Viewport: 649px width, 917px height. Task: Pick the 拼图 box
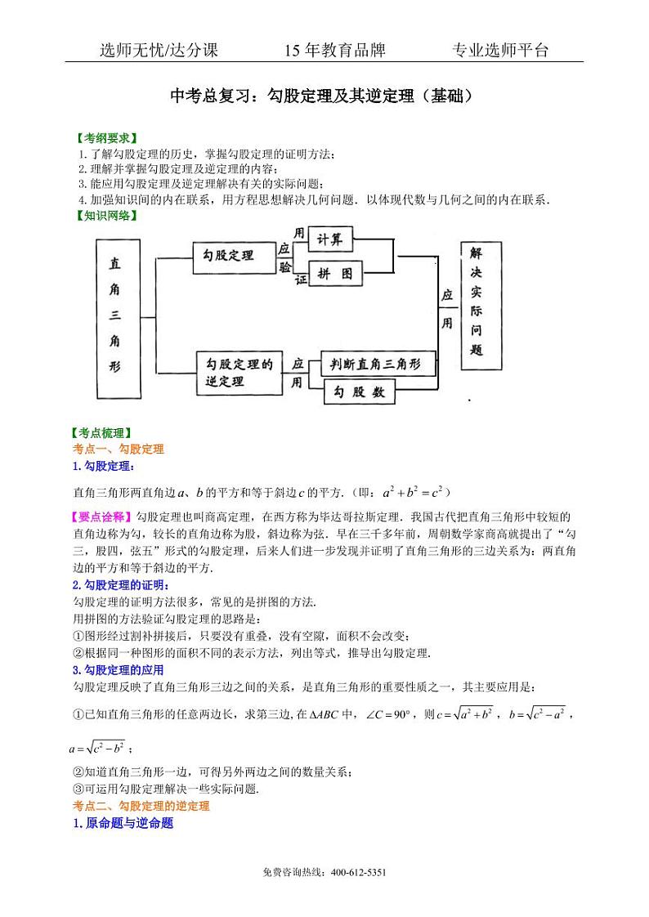pyautogui.click(x=336, y=275)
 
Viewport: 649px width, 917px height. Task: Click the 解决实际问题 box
pyautogui.click(x=477, y=303)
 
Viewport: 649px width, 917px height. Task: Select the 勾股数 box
pyautogui.click(x=360, y=392)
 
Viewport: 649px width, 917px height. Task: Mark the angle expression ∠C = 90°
pyautogui.click(x=387, y=714)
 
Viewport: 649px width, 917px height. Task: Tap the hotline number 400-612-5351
pyautogui.click(x=358, y=872)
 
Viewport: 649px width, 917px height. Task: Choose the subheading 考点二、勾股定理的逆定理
pyautogui.click(x=141, y=806)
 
